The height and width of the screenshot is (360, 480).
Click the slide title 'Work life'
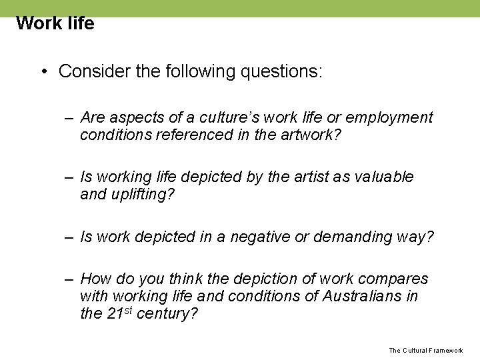click(55, 23)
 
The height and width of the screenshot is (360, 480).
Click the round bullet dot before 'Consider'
click(43, 72)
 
